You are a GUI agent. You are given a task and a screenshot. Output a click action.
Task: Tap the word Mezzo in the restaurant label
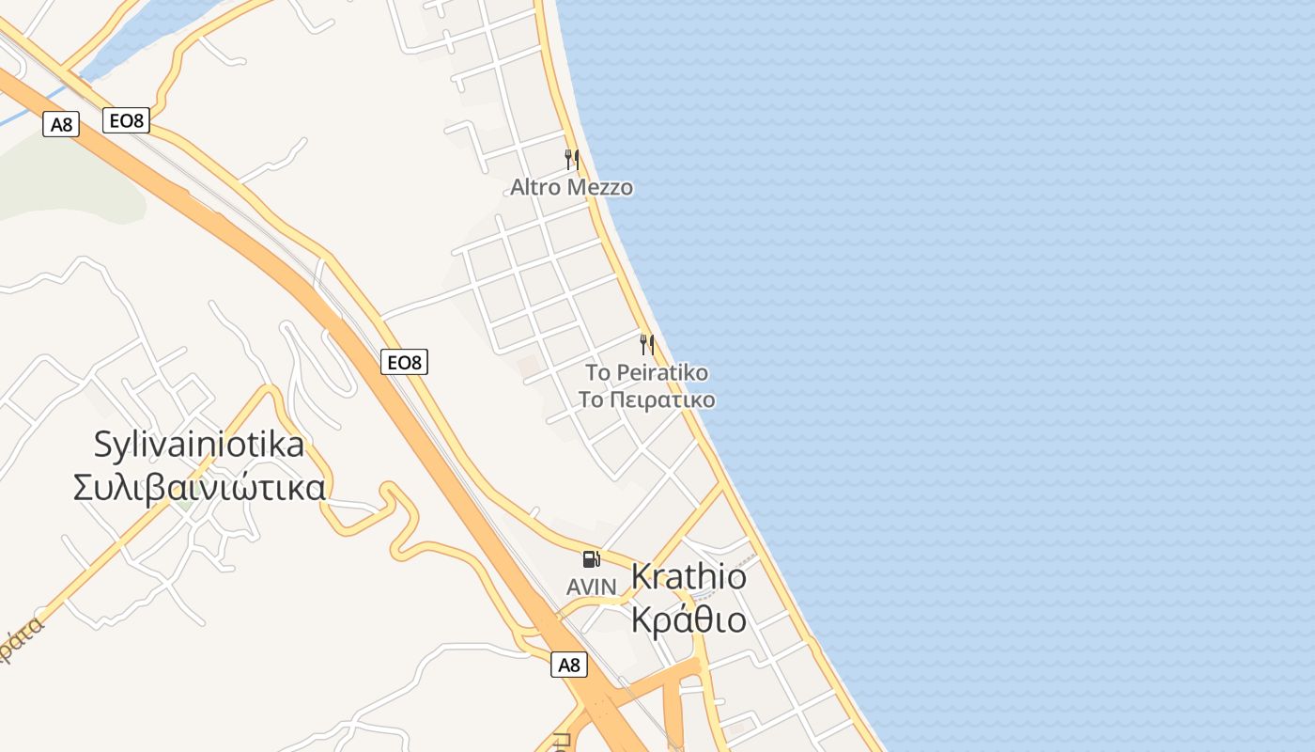click(x=598, y=188)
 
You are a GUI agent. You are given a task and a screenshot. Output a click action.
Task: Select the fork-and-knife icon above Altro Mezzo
click(x=571, y=159)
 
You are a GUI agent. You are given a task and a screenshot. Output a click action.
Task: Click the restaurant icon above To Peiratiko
click(x=647, y=344)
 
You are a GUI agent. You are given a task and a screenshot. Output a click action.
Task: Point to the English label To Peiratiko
click(x=646, y=373)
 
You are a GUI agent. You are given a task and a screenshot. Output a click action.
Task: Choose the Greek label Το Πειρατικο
click(x=646, y=400)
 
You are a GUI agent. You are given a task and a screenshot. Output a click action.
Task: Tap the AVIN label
click(x=592, y=587)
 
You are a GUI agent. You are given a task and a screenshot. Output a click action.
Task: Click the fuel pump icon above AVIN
click(x=591, y=559)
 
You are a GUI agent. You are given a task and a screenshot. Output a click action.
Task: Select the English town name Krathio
click(x=688, y=576)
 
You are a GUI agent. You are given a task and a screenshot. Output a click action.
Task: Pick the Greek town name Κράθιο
click(x=688, y=620)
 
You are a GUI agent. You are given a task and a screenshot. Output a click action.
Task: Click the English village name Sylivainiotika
click(x=199, y=445)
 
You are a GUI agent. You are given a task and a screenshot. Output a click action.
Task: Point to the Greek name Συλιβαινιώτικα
click(x=199, y=488)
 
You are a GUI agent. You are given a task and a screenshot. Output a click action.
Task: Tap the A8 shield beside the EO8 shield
click(x=61, y=124)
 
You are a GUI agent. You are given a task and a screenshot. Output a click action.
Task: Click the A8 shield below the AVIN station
click(x=569, y=665)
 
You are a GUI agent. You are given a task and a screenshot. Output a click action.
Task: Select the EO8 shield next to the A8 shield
click(x=126, y=120)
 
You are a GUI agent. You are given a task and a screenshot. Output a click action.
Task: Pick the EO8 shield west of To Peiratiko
click(x=404, y=362)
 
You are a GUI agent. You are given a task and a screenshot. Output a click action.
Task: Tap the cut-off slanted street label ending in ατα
click(x=21, y=641)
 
